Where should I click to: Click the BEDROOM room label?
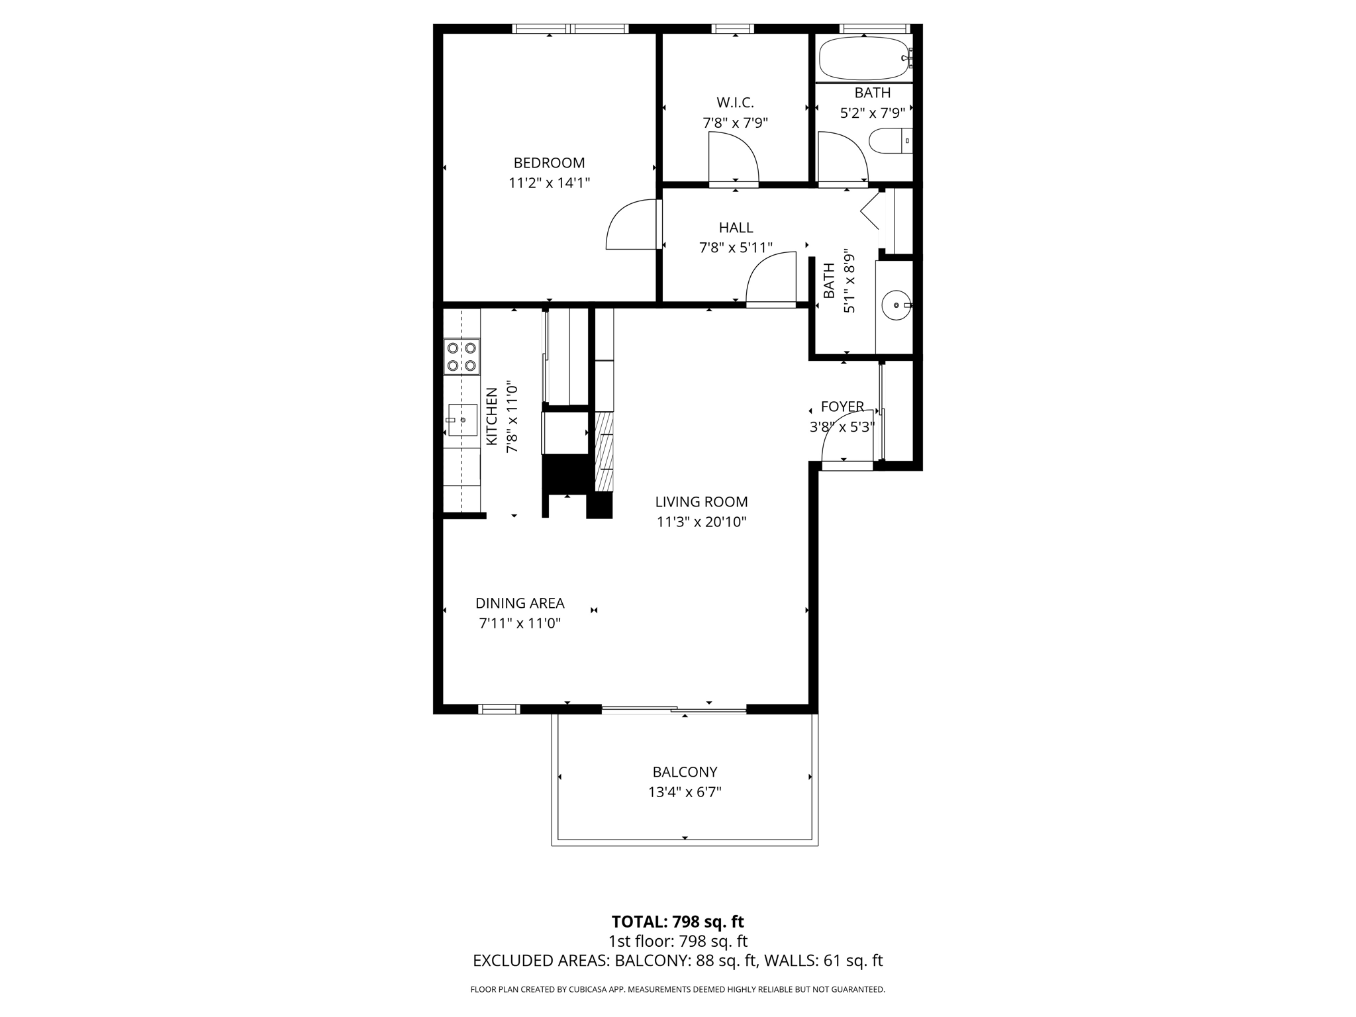pos(549,163)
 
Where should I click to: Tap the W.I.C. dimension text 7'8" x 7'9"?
pos(735,123)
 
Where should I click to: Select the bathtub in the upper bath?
pos(863,58)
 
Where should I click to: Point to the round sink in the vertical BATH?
pos(896,305)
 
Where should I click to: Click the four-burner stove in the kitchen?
pos(461,357)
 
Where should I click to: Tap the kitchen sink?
pos(462,420)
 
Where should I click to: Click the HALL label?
pos(736,228)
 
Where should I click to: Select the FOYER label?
pos(842,407)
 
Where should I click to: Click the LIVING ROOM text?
pos(701,502)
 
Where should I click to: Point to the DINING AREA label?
pos(520,603)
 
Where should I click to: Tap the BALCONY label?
pos(685,772)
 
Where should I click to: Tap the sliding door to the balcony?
pos(674,710)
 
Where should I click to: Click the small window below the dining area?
pos(499,710)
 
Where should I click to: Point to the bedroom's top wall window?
pos(570,28)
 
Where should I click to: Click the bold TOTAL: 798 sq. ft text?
pos(677,922)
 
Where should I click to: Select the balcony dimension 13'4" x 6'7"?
pos(685,792)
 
